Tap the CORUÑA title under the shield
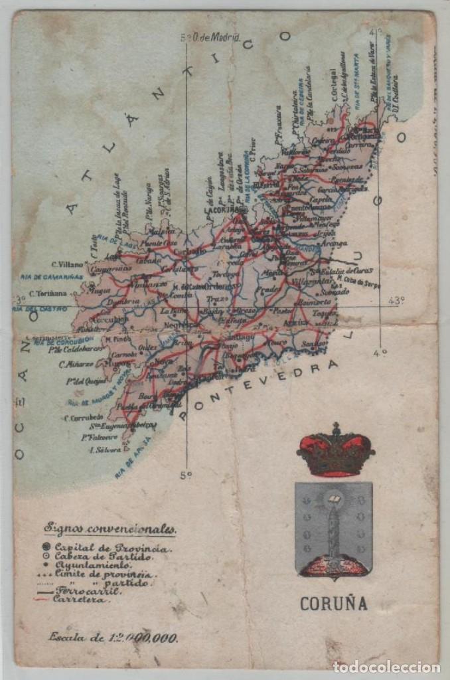tap(334, 604)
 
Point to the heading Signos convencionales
tap(110, 529)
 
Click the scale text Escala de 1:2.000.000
tap(113, 637)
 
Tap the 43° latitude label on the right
tap(396, 300)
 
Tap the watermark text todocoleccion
tap(386, 667)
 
